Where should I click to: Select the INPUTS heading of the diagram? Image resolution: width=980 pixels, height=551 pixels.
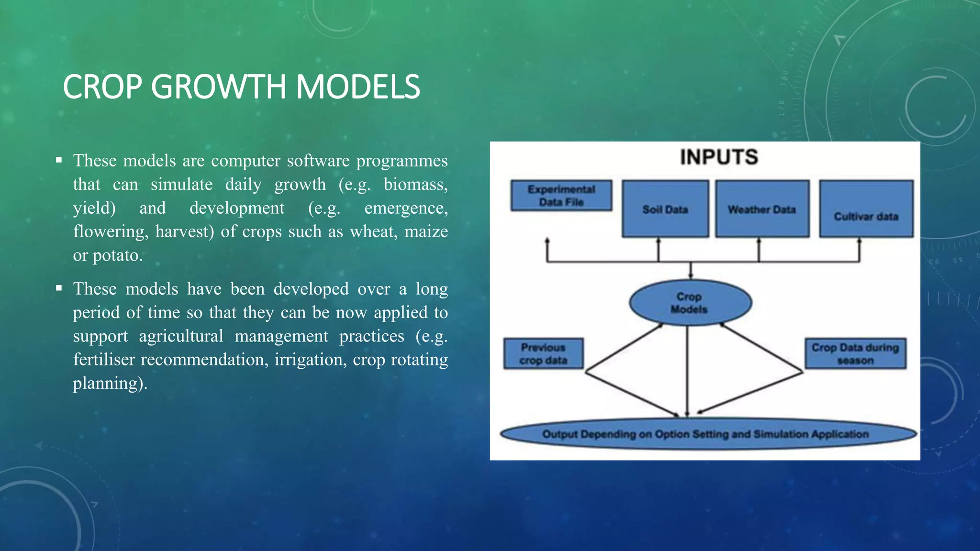[x=719, y=157]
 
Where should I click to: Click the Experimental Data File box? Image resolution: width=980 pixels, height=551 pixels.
[x=561, y=196]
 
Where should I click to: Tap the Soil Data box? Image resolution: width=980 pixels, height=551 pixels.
[x=665, y=209]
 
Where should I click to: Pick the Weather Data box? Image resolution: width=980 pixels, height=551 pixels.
[x=762, y=209]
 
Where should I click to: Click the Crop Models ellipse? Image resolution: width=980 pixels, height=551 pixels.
[x=690, y=303]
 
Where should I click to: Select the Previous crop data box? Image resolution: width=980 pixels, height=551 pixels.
[x=543, y=353]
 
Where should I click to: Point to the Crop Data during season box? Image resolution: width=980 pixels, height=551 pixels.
[x=855, y=353]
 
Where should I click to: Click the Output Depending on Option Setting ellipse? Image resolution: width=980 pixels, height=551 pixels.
[x=705, y=434]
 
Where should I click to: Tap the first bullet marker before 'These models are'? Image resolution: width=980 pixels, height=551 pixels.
[x=59, y=160]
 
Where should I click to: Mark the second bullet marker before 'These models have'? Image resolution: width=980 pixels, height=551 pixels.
[x=59, y=288]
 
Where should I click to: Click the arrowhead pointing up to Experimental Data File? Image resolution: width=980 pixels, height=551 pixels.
[x=547, y=241]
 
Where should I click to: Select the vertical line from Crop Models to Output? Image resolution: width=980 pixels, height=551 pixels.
[x=687, y=368]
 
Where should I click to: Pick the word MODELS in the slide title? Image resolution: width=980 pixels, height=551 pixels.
[x=357, y=87]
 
